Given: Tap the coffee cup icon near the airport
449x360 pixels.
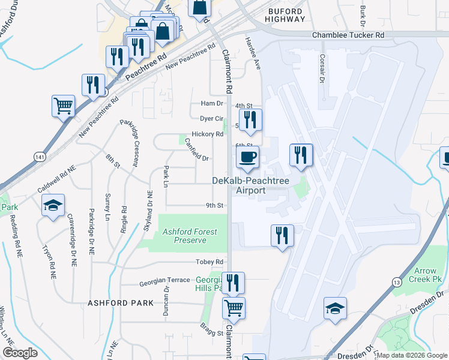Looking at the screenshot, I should click(248, 158).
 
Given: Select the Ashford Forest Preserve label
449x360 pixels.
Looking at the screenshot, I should click(190, 236).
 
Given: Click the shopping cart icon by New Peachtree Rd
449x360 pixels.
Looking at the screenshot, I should click(63, 106).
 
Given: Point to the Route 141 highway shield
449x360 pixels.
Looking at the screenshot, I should click(40, 157).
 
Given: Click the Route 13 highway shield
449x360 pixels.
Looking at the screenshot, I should click(397, 282).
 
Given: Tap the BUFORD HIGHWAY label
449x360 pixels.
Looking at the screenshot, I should click(287, 14).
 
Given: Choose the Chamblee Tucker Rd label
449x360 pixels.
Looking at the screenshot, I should click(348, 35).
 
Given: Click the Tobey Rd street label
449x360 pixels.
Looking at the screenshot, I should click(210, 262).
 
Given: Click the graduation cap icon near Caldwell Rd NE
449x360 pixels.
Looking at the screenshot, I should click(53, 206).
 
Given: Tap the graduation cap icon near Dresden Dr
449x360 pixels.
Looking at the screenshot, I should click(335, 308).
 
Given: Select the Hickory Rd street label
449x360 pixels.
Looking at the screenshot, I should click(207, 134).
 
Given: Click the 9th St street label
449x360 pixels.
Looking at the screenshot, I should click(215, 205).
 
